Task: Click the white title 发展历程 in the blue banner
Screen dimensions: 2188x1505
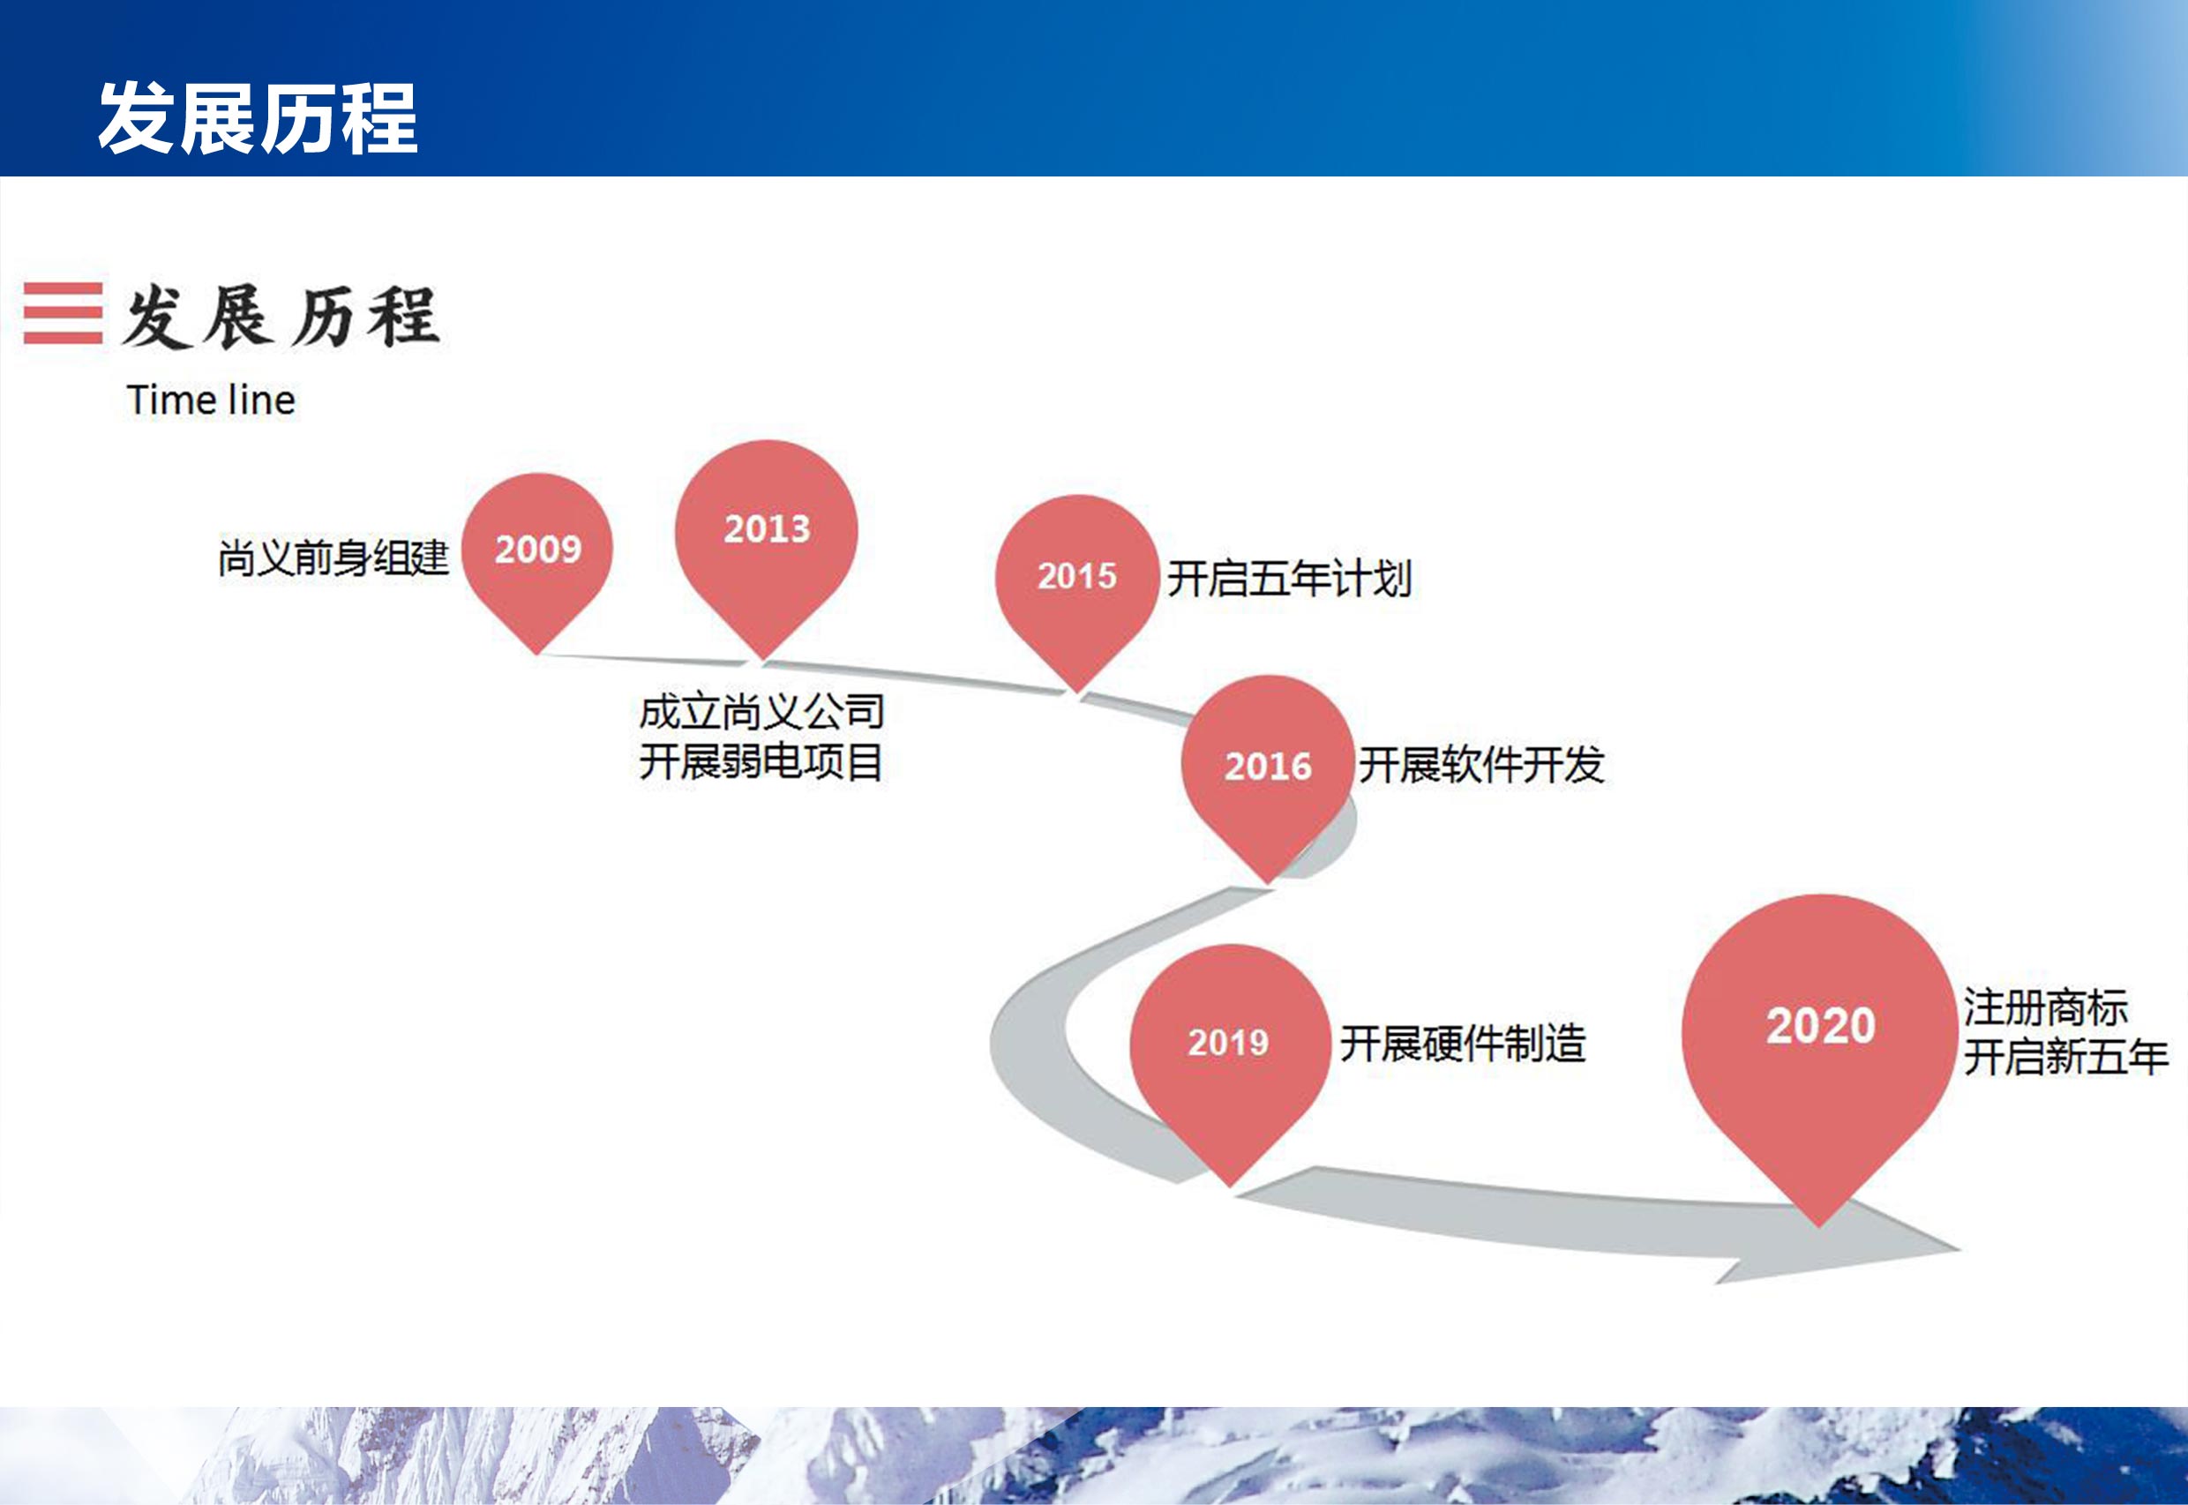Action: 258,118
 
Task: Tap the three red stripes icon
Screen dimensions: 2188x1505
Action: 64,313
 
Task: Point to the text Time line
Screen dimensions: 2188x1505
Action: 211,400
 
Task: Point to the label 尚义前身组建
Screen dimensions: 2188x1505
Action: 333,558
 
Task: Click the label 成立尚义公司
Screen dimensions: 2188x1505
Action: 762,712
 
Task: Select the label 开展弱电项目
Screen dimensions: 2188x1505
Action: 761,762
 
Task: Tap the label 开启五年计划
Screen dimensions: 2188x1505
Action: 1290,578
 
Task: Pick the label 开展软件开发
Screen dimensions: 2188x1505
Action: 1481,764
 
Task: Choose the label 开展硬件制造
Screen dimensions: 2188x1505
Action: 1464,1044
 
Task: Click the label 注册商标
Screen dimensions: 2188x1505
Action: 2047,1007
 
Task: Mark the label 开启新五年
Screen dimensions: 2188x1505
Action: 2066,1057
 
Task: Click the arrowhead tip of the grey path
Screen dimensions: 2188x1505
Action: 1959,1250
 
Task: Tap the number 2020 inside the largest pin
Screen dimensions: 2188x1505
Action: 1821,1026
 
